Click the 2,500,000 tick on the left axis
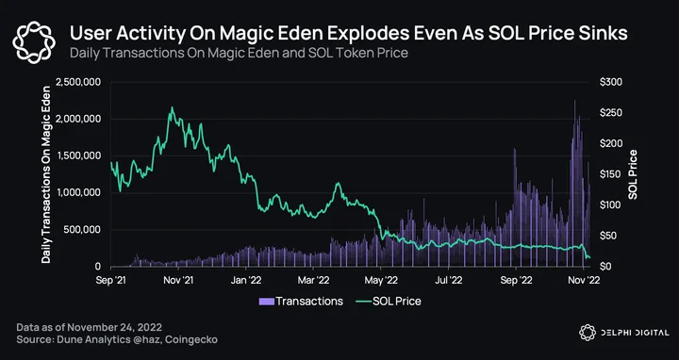pos(78,82)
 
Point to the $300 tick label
pos(611,82)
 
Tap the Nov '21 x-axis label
pos(178,280)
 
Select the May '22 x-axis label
pos(380,280)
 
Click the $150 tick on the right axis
pos(611,174)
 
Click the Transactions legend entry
pos(301,302)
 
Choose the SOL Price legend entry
pos(388,302)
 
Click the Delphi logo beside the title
pos(34,42)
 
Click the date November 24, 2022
pos(114,327)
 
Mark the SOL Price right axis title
pos(633,174)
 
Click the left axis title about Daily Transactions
pos(46,174)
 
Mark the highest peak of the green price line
pos(172,107)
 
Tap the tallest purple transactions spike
pos(574,101)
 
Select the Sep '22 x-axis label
pos(515,280)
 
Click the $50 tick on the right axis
pos(609,236)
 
